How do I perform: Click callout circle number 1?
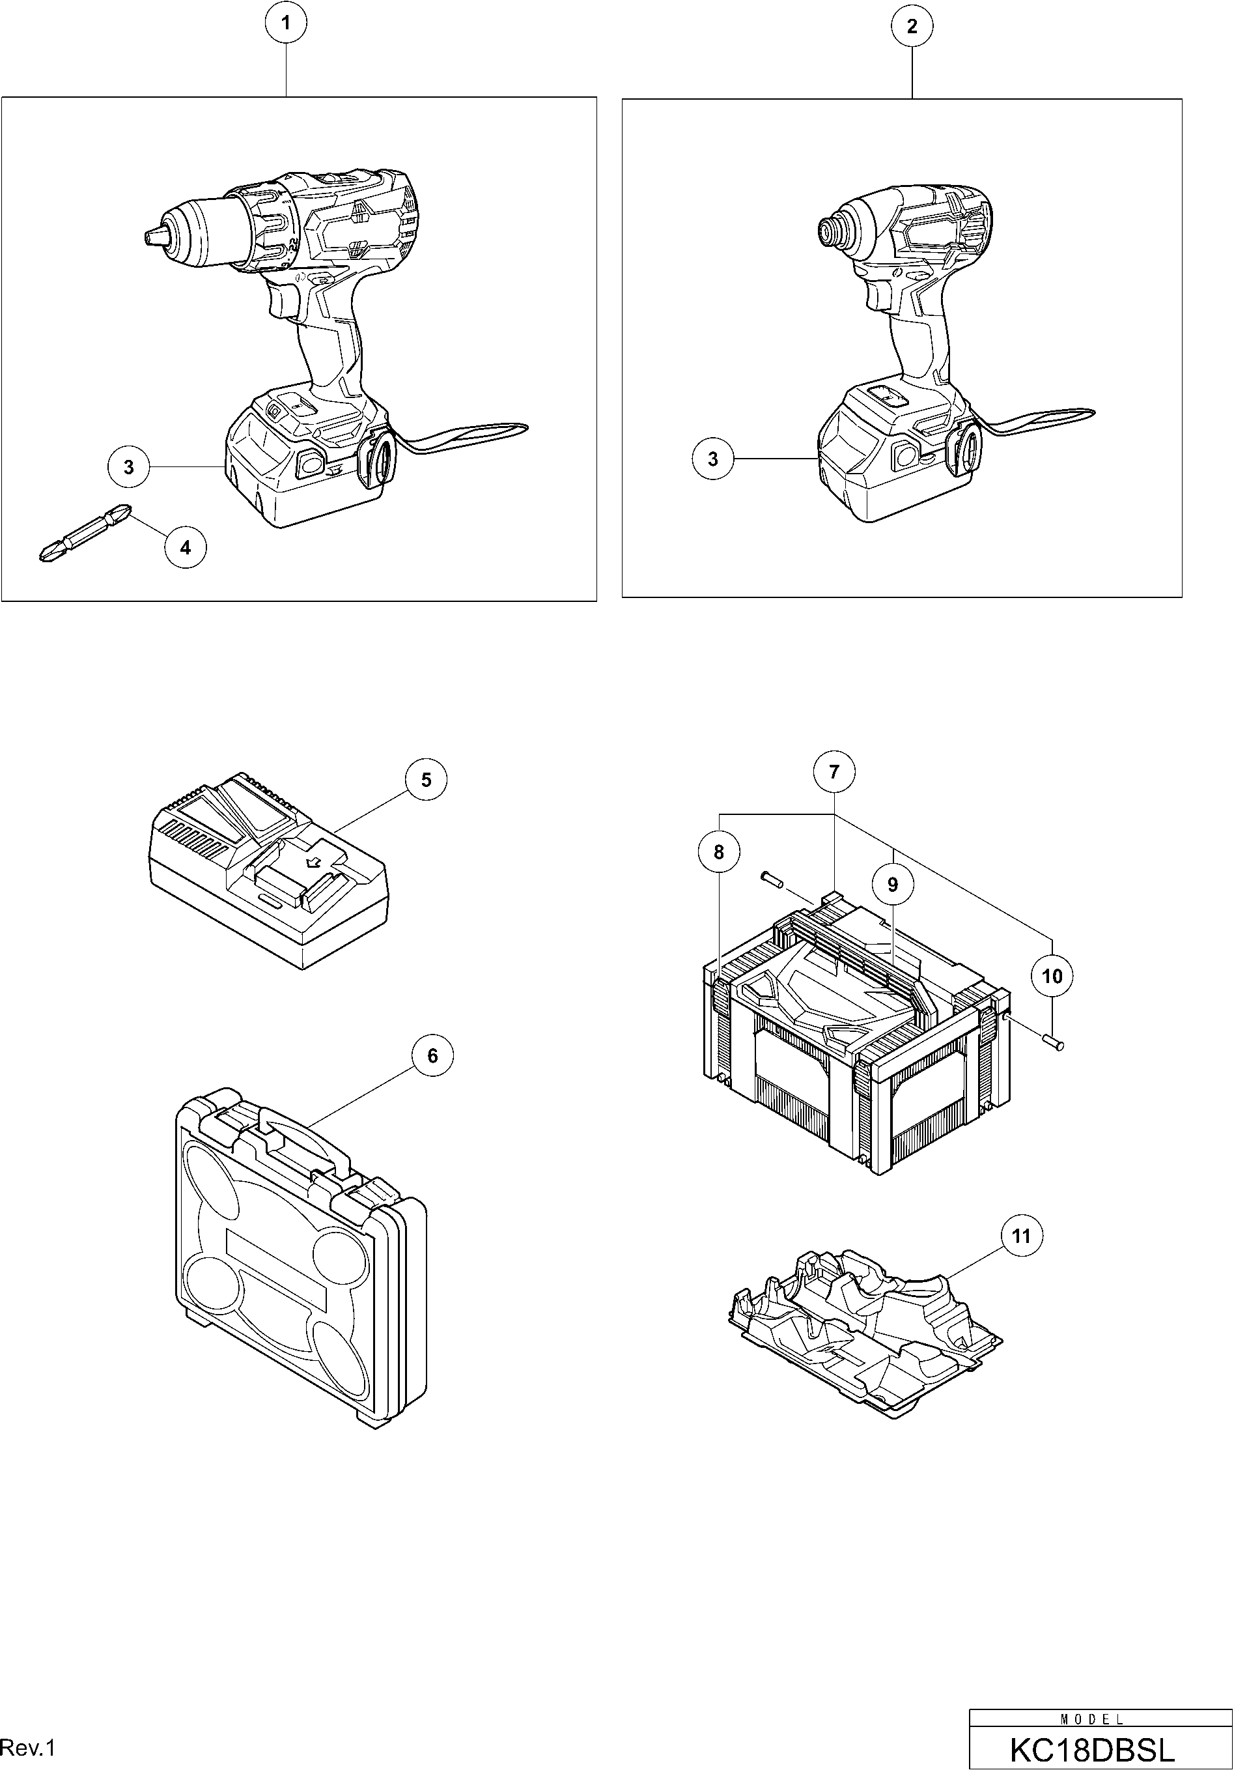click(286, 24)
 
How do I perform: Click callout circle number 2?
click(912, 26)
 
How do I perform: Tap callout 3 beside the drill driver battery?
click(129, 467)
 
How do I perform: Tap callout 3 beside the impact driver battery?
click(712, 459)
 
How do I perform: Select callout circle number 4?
click(185, 547)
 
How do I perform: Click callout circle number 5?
click(427, 780)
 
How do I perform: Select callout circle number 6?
click(432, 1055)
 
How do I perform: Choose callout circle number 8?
click(719, 852)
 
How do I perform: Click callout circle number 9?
click(893, 884)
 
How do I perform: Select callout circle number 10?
click(1052, 977)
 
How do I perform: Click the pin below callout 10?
click(1054, 1043)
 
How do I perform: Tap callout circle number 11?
click(1020, 1236)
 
